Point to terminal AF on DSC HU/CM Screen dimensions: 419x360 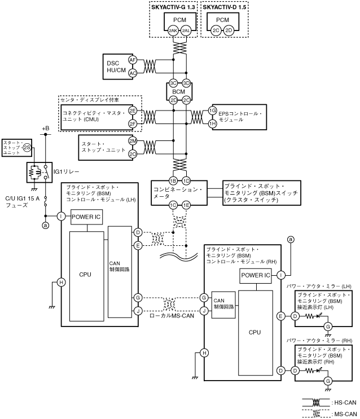133,59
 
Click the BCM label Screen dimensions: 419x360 180,90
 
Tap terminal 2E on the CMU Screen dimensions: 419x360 133,111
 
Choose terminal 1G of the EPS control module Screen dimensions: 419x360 213,111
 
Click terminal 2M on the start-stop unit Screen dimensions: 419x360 133,141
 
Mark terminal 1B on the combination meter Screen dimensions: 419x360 173,180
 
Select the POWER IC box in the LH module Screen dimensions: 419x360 86,217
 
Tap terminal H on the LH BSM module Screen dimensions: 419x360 62,283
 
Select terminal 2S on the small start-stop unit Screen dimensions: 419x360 27,148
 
